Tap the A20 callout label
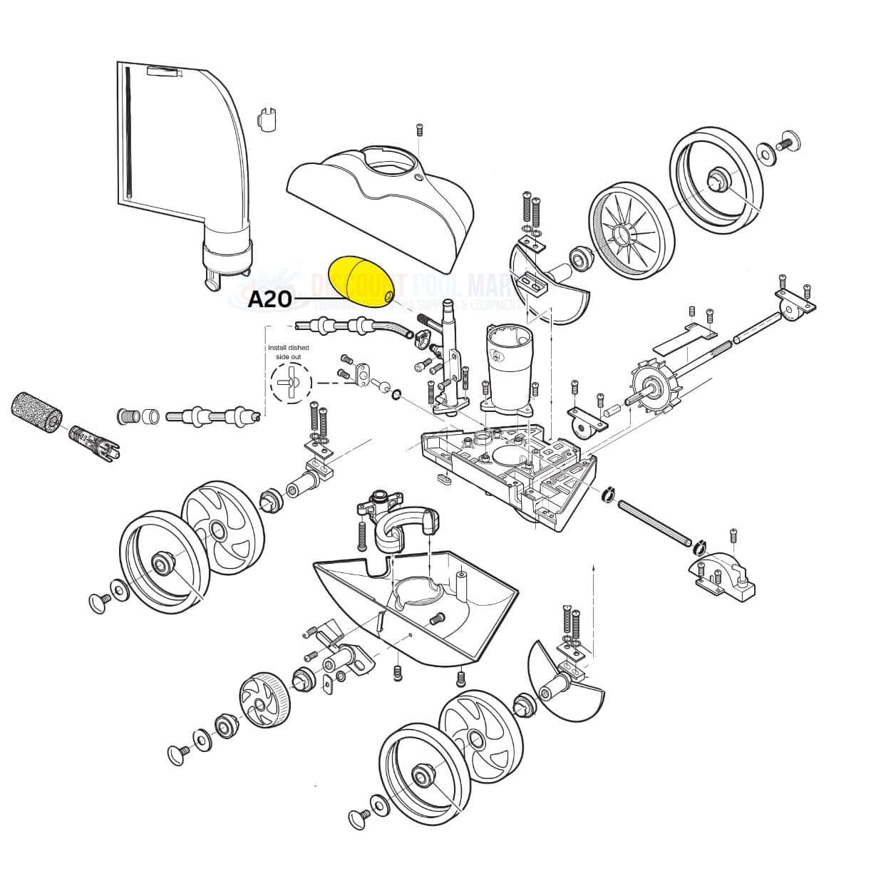click(269, 299)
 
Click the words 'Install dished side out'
click(288, 351)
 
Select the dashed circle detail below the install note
click(291, 383)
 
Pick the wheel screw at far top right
click(787, 142)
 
